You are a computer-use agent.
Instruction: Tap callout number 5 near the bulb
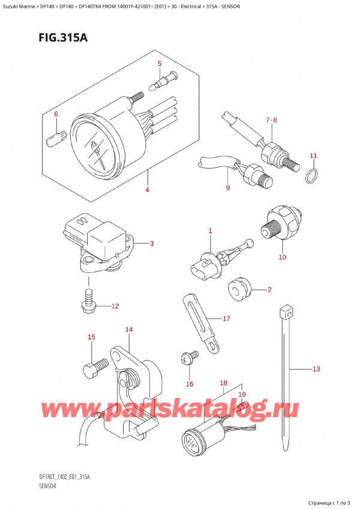coord(159,64)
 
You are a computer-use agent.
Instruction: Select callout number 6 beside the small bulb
coord(56,114)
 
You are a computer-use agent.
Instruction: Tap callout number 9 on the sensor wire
coord(227,188)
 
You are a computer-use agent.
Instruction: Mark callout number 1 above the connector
coord(211,230)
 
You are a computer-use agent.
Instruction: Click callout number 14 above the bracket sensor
coord(128,330)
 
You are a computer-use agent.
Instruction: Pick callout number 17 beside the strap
coord(226,319)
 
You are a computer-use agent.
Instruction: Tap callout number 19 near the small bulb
coord(242,394)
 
